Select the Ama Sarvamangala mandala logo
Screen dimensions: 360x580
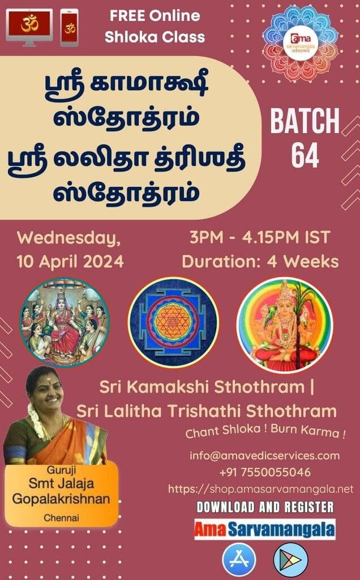[x=300, y=44]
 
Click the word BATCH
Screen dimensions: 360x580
[x=305, y=121]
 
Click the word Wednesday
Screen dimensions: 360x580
[x=68, y=238]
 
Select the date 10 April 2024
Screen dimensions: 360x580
[x=70, y=262]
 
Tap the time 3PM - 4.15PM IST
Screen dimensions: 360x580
[x=260, y=237]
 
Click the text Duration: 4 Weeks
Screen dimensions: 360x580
[x=260, y=262]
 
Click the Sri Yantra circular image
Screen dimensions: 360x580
[x=173, y=322]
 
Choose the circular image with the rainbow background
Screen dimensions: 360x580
[x=285, y=325]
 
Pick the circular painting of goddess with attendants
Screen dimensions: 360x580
[x=65, y=322]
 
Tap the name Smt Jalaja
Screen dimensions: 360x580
[x=61, y=483]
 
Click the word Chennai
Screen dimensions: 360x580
[x=61, y=518]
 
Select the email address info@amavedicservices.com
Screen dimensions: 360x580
[x=265, y=455]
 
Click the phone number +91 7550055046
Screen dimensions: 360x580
[x=265, y=472]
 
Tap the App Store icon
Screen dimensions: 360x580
[x=239, y=560]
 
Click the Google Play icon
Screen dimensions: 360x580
[x=290, y=560]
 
